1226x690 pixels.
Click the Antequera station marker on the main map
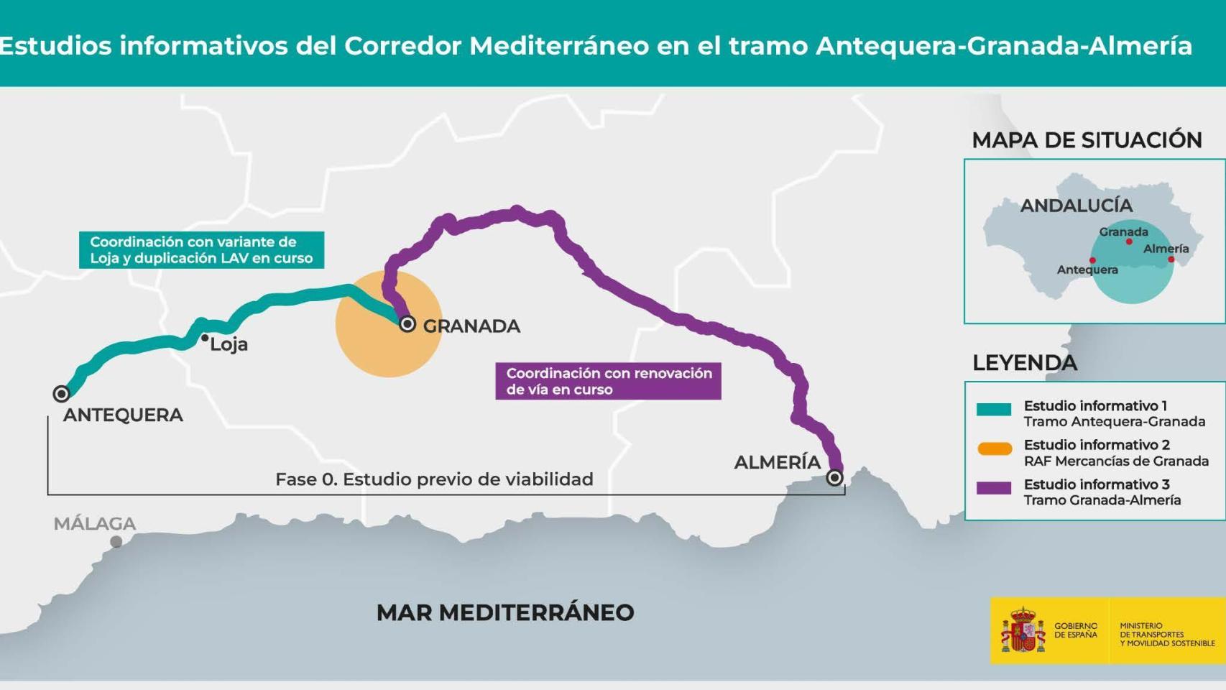61,393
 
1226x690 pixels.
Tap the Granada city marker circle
407,324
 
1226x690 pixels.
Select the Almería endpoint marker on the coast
834,477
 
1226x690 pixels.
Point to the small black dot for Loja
205,338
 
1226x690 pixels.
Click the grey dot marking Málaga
116,541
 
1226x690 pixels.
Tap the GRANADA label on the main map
471,326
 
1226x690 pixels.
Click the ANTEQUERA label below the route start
123,415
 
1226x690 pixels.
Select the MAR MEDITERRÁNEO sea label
505,612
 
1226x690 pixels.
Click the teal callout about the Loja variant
201,250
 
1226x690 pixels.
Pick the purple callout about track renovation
608,381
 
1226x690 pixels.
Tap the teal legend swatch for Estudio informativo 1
994,410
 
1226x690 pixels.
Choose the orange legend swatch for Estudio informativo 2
995,449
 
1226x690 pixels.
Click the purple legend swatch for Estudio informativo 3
994,488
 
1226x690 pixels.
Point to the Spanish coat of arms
1023,631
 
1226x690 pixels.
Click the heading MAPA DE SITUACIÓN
1087,140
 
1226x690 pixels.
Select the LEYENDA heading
1025,363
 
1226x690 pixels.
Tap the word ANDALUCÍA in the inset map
1076,206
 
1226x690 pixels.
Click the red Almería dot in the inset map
1171,259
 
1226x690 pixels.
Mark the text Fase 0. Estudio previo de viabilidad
434,479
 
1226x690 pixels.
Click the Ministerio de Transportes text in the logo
1166,635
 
